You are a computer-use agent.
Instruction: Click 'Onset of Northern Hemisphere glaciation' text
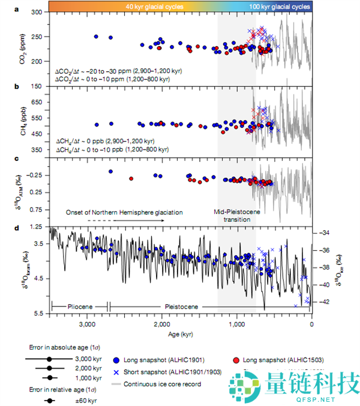coord(124,212)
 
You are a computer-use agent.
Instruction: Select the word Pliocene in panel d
coord(79,306)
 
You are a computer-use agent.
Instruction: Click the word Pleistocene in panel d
coord(183,306)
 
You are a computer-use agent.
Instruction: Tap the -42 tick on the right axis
coord(323,302)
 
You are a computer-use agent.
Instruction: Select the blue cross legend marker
coord(116,372)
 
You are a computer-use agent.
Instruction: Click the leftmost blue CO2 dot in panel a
coord(96,37)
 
